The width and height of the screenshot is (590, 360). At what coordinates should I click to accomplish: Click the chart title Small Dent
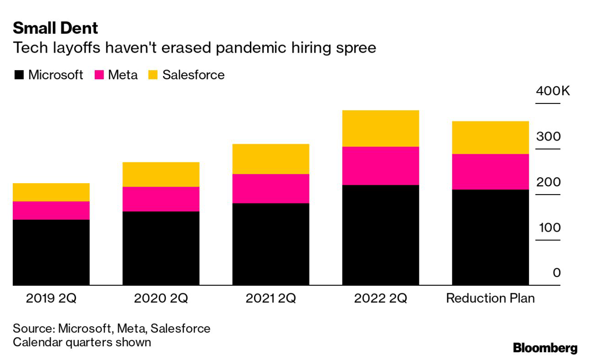[x=55, y=28]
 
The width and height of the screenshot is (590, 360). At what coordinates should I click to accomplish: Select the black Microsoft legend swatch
[x=19, y=75]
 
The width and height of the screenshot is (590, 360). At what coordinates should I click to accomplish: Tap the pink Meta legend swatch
[x=99, y=75]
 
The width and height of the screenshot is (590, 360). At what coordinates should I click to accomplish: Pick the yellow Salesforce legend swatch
[x=153, y=75]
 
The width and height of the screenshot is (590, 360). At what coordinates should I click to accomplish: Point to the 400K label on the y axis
[x=553, y=91]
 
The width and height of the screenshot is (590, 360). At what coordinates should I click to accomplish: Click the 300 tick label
[x=549, y=136]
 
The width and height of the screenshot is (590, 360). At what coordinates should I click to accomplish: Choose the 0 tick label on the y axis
[x=556, y=273]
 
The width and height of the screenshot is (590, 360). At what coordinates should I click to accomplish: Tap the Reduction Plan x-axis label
[x=490, y=299]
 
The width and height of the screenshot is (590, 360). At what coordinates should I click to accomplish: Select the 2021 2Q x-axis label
[x=271, y=299]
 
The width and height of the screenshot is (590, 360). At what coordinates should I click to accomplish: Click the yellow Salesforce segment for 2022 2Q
[x=380, y=128]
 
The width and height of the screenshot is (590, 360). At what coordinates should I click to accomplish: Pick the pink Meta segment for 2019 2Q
[x=51, y=210]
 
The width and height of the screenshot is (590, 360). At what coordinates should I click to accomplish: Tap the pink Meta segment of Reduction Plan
[x=490, y=172]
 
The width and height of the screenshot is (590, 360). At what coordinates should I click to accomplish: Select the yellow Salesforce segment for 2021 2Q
[x=271, y=159]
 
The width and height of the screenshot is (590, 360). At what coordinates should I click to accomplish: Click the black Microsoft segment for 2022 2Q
[x=380, y=235]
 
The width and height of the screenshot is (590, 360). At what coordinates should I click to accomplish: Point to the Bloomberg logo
[x=545, y=348]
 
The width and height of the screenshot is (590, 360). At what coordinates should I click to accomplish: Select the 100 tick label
[x=549, y=228]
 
